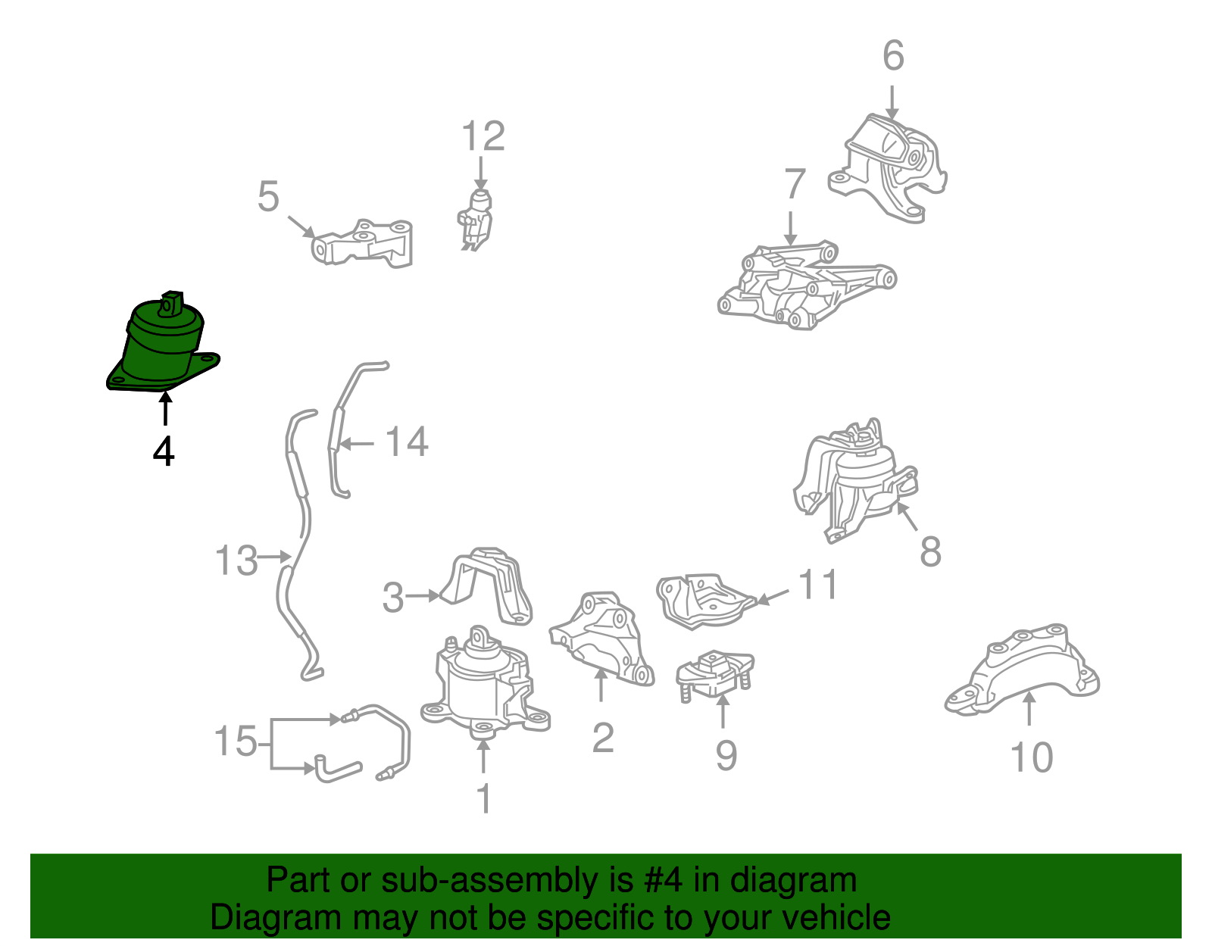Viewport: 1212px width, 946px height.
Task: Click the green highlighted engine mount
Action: click(x=162, y=345)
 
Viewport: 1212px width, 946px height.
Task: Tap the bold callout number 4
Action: click(x=164, y=451)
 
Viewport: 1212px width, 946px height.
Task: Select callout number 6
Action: click(x=893, y=56)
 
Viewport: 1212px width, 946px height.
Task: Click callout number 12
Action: click(x=483, y=136)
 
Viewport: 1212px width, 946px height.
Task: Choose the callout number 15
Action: click(x=236, y=741)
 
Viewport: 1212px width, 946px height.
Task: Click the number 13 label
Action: click(x=236, y=560)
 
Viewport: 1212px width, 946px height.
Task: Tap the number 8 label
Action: click(x=930, y=552)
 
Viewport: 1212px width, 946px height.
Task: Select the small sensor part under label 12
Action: click(x=475, y=220)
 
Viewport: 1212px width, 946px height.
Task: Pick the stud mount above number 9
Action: click(x=714, y=675)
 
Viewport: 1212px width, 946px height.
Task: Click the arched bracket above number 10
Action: click(x=1022, y=670)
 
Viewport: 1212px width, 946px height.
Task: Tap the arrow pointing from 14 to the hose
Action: click(x=357, y=445)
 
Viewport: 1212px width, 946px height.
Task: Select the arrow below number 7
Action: click(x=790, y=228)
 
